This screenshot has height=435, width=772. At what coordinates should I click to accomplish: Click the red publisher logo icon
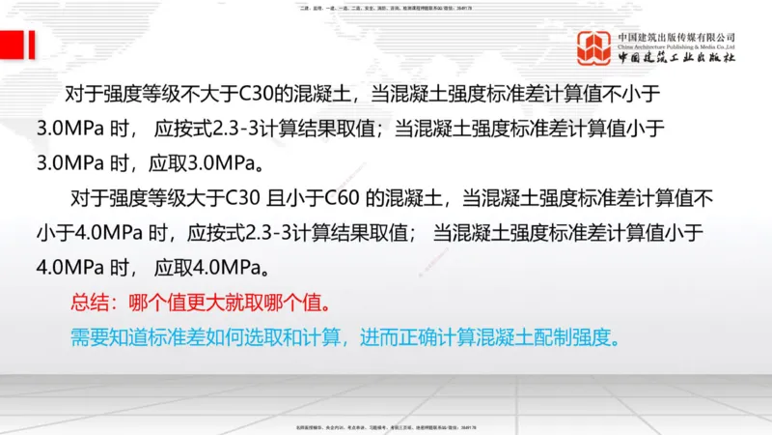click(x=594, y=47)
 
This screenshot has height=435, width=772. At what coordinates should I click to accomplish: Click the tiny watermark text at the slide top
click(x=386, y=9)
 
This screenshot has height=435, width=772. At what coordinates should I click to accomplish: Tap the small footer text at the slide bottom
click(x=386, y=426)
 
